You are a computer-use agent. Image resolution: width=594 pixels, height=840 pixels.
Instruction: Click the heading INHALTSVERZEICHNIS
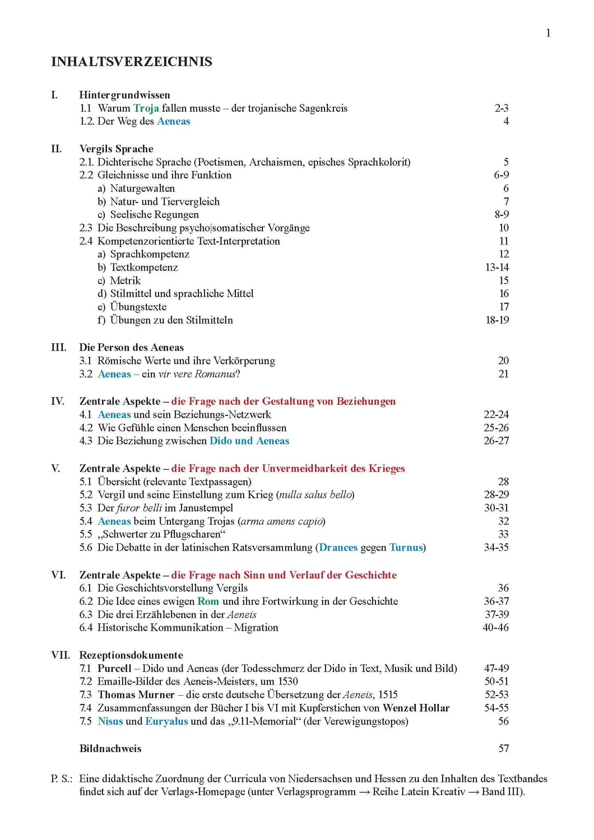[x=132, y=62]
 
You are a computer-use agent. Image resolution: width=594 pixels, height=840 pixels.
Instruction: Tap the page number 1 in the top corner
[x=548, y=33]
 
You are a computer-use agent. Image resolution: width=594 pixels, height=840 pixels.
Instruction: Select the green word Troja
[x=146, y=108]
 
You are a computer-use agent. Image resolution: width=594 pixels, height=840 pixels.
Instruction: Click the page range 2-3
[x=501, y=108]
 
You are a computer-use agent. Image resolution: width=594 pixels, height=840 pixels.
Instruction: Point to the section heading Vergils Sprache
[x=116, y=149]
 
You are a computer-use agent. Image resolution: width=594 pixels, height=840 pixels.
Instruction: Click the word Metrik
[x=125, y=280]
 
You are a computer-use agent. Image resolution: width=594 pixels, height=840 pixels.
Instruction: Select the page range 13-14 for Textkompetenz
[x=497, y=267]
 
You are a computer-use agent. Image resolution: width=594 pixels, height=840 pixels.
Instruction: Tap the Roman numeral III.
[x=58, y=347]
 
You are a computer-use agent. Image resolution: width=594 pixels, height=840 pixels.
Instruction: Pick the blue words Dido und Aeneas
[x=249, y=441]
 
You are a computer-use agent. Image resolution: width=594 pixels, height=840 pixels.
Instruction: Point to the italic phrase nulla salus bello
[x=316, y=495]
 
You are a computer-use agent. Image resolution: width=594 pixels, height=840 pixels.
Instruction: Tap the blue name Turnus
[x=406, y=548]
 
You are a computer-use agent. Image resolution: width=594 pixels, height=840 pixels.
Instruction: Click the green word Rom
[x=208, y=601]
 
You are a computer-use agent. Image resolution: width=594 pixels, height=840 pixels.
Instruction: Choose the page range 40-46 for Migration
[x=495, y=627]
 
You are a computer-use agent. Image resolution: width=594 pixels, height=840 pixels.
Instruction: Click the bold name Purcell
[x=114, y=668]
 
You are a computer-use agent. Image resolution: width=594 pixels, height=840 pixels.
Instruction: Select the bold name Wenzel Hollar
[x=416, y=708]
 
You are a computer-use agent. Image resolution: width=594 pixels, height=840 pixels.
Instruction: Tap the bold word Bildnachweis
[x=110, y=749]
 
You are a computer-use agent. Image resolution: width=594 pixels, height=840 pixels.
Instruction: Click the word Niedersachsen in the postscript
[x=320, y=779]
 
